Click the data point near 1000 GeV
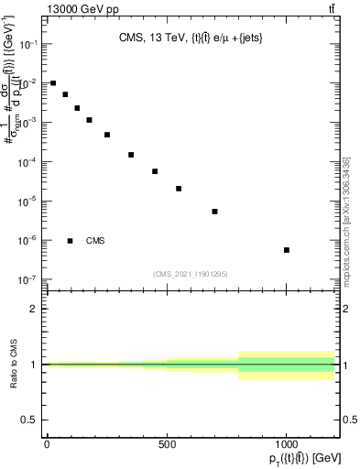pos(287,250)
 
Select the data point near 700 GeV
pos(214,212)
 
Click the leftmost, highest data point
pos(53,83)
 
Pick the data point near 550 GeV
pos(179,189)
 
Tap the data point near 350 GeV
pos(131,155)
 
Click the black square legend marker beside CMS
pos(71,241)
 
